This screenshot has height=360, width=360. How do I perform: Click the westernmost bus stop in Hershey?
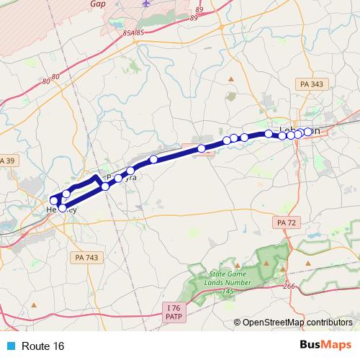(x=53, y=200)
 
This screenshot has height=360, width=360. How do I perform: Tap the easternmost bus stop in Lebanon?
(x=308, y=132)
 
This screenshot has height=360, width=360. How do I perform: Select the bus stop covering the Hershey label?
(x=62, y=208)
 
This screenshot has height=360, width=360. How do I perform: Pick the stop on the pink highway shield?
(x=202, y=148)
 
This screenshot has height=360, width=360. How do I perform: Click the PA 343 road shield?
(x=311, y=85)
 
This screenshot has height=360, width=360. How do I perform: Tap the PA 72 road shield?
(x=287, y=223)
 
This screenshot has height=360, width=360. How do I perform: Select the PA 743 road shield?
(x=88, y=257)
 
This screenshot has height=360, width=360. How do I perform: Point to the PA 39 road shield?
(x=6, y=160)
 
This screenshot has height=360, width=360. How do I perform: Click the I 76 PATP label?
(x=172, y=312)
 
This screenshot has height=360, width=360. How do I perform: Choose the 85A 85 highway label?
(x=134, y=32)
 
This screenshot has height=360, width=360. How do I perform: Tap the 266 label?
(x=289, y=286)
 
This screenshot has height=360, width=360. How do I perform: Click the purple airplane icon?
(x=147, y=4)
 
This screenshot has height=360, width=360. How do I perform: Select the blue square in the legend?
(x=10, y=346)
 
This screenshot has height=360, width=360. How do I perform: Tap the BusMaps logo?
(x=326, y=346)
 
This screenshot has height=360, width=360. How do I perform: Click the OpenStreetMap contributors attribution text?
(x=297, y=323)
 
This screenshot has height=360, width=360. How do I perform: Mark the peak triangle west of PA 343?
(x=230, y=78)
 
